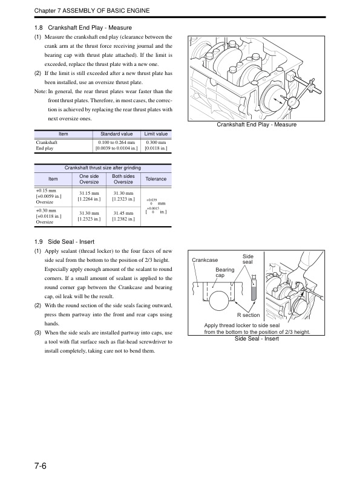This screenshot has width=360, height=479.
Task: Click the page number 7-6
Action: pos(41,466)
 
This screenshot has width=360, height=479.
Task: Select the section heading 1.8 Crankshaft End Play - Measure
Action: pos(83,27)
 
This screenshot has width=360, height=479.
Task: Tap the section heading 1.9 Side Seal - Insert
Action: pos(64,242)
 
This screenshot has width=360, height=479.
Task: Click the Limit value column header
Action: pos(156,134)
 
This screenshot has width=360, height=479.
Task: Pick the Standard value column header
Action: pos(116,134)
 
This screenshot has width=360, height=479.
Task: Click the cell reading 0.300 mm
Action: pos(156,142)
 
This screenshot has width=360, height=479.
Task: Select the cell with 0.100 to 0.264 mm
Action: pos(116,142)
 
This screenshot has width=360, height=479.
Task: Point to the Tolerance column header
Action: pos(156,179)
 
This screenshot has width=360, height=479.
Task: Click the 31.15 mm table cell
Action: pos(89,193)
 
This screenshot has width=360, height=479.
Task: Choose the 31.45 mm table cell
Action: pos(123,213)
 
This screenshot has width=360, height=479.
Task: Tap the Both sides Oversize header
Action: pos(123,179)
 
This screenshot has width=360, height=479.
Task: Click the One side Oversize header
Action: pos(89,179)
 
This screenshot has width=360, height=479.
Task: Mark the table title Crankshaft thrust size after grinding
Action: pos(103,168)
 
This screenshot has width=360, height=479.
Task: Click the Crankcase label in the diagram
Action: pos(205,260)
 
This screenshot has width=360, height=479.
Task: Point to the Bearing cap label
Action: pos(225,272)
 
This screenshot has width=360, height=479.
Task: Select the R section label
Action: pos(249,315)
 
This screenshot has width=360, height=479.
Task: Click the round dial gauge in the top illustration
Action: pos(293,102)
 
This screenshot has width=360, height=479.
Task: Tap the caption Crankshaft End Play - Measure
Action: pos(257,125)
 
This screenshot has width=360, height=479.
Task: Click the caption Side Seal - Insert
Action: pos(257,339)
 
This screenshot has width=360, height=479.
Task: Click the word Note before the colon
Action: pos(40,91)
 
